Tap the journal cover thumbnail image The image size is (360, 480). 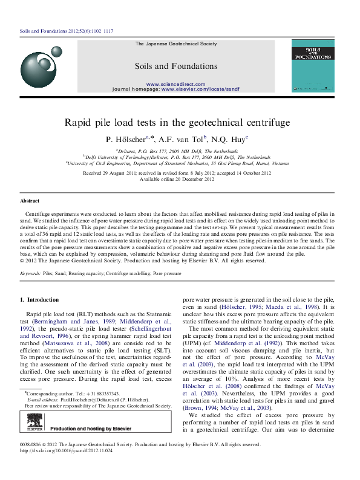coord(313,66)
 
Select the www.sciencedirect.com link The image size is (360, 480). coord(175,83)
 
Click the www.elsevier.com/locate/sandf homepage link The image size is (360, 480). coord(200,89)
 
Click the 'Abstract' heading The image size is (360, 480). coord(30,201)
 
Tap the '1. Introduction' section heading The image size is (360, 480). coord(39,300)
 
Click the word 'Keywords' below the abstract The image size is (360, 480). coord(30,274)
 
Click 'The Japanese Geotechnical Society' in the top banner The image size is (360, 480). coord(175,44)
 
